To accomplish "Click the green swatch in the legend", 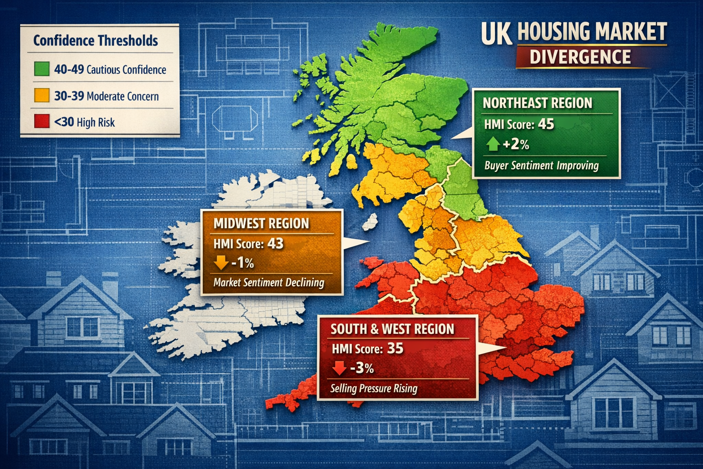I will click(42, 69).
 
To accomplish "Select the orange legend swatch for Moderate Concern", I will click(42, 96).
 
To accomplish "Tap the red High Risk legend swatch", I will click(42, 122).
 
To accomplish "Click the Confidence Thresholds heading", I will click(96, 41).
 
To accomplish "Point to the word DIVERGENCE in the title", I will click(580, 57).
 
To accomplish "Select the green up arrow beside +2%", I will click(492, 144).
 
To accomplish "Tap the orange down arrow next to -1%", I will click(221, 263).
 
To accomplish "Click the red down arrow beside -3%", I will click(339, 368).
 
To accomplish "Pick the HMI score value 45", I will click(546, 124).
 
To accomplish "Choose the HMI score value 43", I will click(275, 243).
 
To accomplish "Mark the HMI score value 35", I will click(395, 349).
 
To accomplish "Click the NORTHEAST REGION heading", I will click(537, 103).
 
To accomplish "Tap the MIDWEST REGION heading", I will click(261, 224).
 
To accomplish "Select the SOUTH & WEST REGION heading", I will click(392, 329).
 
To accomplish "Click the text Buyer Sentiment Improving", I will click(541, 165).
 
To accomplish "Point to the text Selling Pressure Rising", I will click(374, 388).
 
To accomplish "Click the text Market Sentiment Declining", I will click(269, 282).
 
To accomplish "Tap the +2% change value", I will click(516, 145).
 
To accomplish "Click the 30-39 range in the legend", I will click(69, 96).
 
